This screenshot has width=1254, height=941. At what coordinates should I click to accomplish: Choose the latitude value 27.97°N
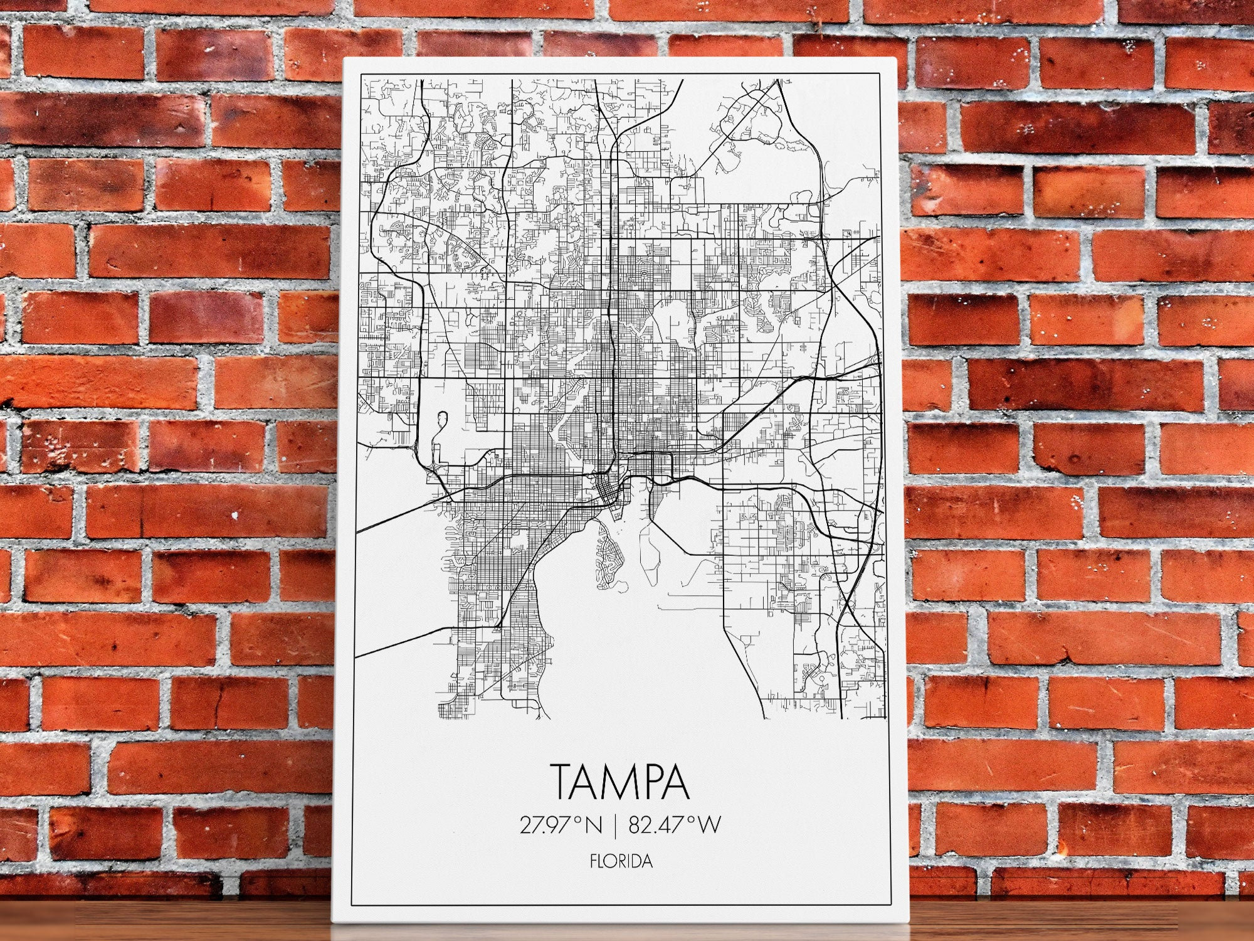point(560,825)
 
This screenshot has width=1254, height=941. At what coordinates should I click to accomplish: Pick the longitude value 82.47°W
point(675,825)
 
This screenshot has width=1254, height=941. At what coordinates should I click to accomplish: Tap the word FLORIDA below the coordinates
point(621,861)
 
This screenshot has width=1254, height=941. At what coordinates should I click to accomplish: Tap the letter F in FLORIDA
point(593,861)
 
